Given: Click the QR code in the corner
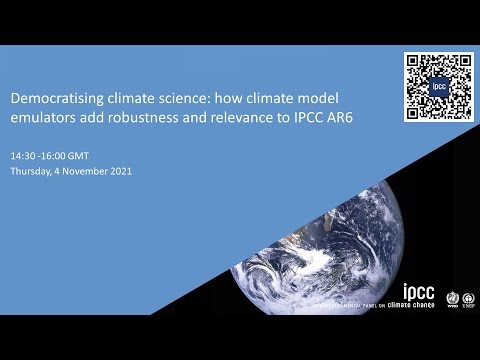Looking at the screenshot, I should coord(438,87).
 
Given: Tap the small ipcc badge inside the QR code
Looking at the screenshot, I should coord(438,87).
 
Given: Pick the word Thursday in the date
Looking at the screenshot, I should coord(32,171).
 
